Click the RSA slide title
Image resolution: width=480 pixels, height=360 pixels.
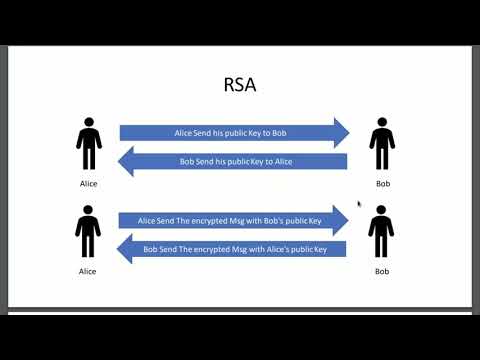point(239,85)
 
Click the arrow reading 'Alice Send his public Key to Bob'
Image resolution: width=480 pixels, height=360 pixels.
point(233,133)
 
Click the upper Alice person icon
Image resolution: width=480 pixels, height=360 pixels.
point(89,144)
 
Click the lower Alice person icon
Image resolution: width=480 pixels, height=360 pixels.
point(89,231)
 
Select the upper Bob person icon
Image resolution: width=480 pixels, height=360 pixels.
point(380,144)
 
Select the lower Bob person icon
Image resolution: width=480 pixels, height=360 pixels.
point(380,231)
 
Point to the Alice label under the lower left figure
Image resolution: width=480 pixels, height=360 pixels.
point(89,271)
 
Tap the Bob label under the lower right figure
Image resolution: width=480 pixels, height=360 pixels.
point(381,271)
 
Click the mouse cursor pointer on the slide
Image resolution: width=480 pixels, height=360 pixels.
point(360,204)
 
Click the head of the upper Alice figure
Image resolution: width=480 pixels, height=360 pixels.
point(89,123)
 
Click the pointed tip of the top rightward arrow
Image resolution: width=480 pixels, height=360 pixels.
point(348,133)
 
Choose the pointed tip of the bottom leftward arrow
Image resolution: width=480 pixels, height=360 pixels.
point(120,249)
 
